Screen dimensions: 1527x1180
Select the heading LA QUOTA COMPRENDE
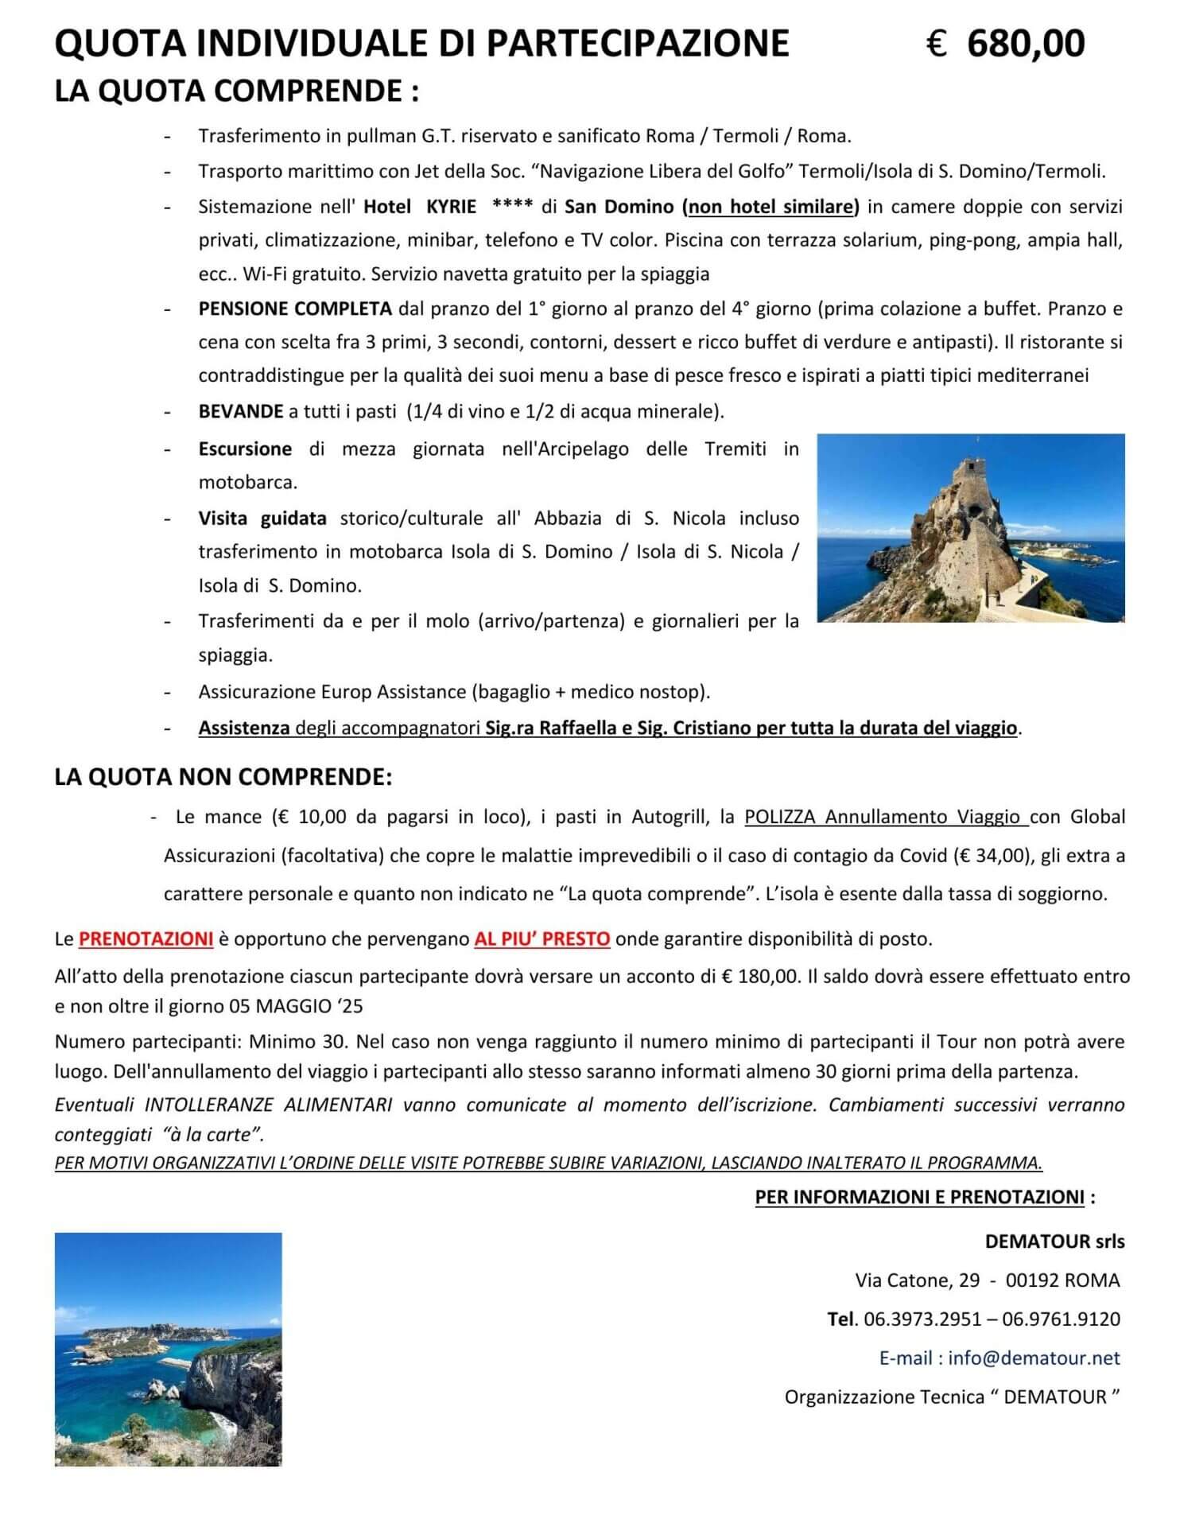236,91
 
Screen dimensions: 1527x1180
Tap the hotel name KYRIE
451,207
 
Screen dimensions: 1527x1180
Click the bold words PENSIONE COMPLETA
295,309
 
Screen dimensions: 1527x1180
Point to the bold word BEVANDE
241,411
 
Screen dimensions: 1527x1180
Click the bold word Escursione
245,449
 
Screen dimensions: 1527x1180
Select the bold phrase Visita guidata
262,519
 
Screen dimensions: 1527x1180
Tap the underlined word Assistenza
244,728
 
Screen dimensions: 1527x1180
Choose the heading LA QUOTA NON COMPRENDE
223,777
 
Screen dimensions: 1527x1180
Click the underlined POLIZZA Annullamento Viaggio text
886,817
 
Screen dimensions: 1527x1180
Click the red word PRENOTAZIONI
146,939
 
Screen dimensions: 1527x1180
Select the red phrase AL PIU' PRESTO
542,939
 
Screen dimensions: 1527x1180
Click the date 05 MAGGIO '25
296,1007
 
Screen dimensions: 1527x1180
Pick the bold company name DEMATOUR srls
1054,1241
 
